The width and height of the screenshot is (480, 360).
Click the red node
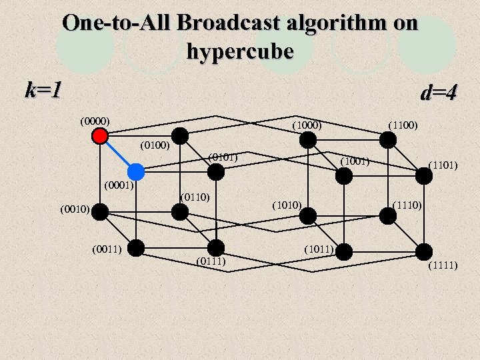click(x=100, y=136)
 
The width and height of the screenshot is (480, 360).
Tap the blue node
click(x=136, y=171)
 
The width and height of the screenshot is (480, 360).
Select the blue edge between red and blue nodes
click(x=118, y=153)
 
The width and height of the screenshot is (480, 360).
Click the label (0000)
click(x=95, y=121)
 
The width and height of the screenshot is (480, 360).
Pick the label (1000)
click(x=307, y=125)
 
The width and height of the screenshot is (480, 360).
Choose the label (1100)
click(x=403, y=125)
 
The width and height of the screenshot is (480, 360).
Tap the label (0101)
click(x=223, y=157)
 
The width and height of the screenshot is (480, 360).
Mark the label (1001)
click(x=355, y=161)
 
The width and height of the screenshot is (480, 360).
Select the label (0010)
click(x=74, y=210)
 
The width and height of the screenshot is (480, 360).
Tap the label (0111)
click(x=211, y=261)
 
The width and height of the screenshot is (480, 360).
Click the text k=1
click(x=43, y=89)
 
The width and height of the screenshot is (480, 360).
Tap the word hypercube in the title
click(x=240, y=51)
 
